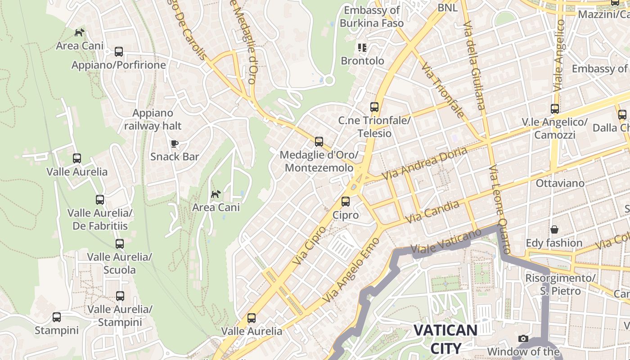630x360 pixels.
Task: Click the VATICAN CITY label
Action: coord(445,339)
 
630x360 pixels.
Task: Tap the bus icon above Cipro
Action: coord(346,202)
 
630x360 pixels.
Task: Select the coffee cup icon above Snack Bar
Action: coord(175,144)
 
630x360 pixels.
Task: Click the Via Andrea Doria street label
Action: coord(424,164)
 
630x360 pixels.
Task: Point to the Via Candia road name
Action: coord(432,212)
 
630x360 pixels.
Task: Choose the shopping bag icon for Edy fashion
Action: coord(554,229)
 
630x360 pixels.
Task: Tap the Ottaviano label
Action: coord(560,183)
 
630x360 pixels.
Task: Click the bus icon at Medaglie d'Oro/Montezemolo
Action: coord(319,142)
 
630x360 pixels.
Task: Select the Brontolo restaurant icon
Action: coord(362,47)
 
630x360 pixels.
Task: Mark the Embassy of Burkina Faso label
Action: coord(371,17)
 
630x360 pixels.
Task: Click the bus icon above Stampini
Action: coord(57,317)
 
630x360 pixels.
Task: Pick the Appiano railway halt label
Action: coord(153,119)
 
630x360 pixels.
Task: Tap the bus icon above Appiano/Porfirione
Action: coord(119,52)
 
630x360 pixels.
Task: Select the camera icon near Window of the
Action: coord(523,338)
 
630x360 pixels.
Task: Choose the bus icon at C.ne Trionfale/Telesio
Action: coord(374,107)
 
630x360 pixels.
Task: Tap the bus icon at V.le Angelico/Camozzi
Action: coord(555,109)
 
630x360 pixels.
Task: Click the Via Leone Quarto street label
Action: coord(500,209)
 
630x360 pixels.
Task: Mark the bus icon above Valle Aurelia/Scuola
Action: coord(120,244)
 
